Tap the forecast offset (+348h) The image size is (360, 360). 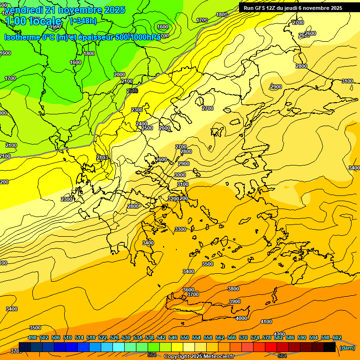click(83, 21)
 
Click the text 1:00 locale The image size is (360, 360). click(33, 21)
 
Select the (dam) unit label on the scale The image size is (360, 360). click(347, 348)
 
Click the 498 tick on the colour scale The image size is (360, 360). click(32, 337)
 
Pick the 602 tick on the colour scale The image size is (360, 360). click(337, 337)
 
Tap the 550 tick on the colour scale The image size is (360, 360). click(185, 337)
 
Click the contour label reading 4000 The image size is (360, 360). click(241, 318)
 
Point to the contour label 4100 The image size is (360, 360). click(266, 322)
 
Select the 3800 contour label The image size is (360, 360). click(233, 289)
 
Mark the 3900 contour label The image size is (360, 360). click(235, 301)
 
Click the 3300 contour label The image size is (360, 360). click(180, 229)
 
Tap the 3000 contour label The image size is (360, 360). click(180, 175)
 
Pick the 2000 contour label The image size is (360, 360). click(120, 75)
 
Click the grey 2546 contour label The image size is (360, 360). click(132, 90)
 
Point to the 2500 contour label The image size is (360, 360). click(147, 128)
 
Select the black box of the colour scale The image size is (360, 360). click(330, 347)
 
